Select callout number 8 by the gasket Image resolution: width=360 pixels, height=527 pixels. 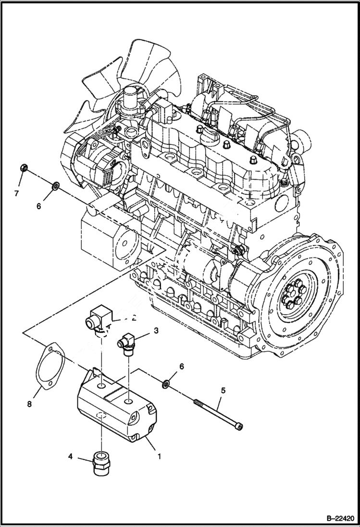pyautogui.click(x=29, y=404)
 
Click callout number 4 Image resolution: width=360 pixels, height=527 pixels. pyautogui.click(x=70, y=457)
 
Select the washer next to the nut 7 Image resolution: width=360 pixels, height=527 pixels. pyautogui.click(x=55, y=184)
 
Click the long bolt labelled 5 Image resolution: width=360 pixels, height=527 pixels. pyautogui.click(x=216, y=412)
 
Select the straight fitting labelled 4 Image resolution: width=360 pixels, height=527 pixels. pyautogui.click(x=100, y=465)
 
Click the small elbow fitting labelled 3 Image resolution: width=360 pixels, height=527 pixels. pyautogui.click(x=127, y=343)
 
